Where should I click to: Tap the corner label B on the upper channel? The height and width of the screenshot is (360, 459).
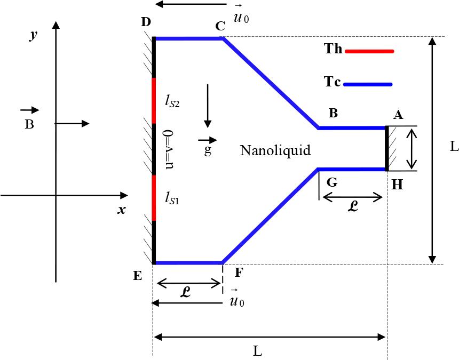(x=333, y=113)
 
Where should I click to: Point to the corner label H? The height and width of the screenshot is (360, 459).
(x=397, y=184)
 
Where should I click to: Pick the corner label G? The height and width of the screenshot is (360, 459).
(x=331, y=182)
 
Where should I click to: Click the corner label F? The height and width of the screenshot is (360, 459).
(x=239, y=273)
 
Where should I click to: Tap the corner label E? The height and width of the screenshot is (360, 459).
(x=138, y=275)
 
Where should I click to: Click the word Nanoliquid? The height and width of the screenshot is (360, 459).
(x=275, y=150)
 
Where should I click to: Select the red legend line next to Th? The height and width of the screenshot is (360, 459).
(x=369, y=51)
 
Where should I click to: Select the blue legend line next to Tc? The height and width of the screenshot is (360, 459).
(x=368, y=84)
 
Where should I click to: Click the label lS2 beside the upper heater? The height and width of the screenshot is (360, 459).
(x=172, y=101)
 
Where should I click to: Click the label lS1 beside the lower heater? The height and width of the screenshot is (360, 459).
(x=172, y=199)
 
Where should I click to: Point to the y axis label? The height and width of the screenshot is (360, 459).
(x=33, y=36)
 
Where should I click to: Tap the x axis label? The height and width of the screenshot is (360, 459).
(x=122, y=210)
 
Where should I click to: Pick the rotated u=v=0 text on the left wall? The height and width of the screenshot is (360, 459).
(x=169, y=149)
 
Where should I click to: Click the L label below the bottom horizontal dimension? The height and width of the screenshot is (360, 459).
(x=257, y=351)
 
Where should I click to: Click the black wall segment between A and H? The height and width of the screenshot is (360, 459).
(x=387, y=148)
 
